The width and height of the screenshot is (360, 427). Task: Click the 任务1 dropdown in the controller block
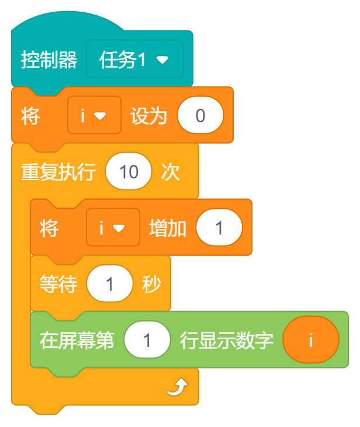click(x=134, y=60)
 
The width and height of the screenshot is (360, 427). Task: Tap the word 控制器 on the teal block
click(x=49, y=60)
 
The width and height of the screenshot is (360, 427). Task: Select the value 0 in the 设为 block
click(x=200, y=116)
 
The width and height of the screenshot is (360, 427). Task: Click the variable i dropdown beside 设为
click(x=94, y=116)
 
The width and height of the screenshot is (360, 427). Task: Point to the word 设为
click(x=148, y=116)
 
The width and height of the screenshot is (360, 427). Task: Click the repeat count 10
click(x=129, y=172)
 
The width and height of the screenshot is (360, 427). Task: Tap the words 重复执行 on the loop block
click(x=58, y=172)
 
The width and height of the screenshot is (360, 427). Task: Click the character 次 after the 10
click(x=171, y=172)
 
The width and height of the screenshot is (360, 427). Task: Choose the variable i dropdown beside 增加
click(x=113, y=228)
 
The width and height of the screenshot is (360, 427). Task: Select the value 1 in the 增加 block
click(x=219, y=228)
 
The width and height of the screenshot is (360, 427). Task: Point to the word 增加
click(x=168, y=228)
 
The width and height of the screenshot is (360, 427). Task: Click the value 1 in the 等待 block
click(x=109, y=284)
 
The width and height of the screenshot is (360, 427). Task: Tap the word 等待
click(x=58, y=284)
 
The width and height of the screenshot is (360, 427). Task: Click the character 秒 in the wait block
click(x=152, y=284)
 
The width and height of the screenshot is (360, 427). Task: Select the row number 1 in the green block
click(x=147, y=340)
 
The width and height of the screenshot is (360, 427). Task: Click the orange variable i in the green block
click(x=310, y=340)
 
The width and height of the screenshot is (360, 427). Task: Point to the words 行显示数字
click(x=227, y=340)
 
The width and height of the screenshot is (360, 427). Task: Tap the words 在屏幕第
click(x=77, y=340)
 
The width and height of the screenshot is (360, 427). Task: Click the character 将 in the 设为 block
click(x=30, y=116)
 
